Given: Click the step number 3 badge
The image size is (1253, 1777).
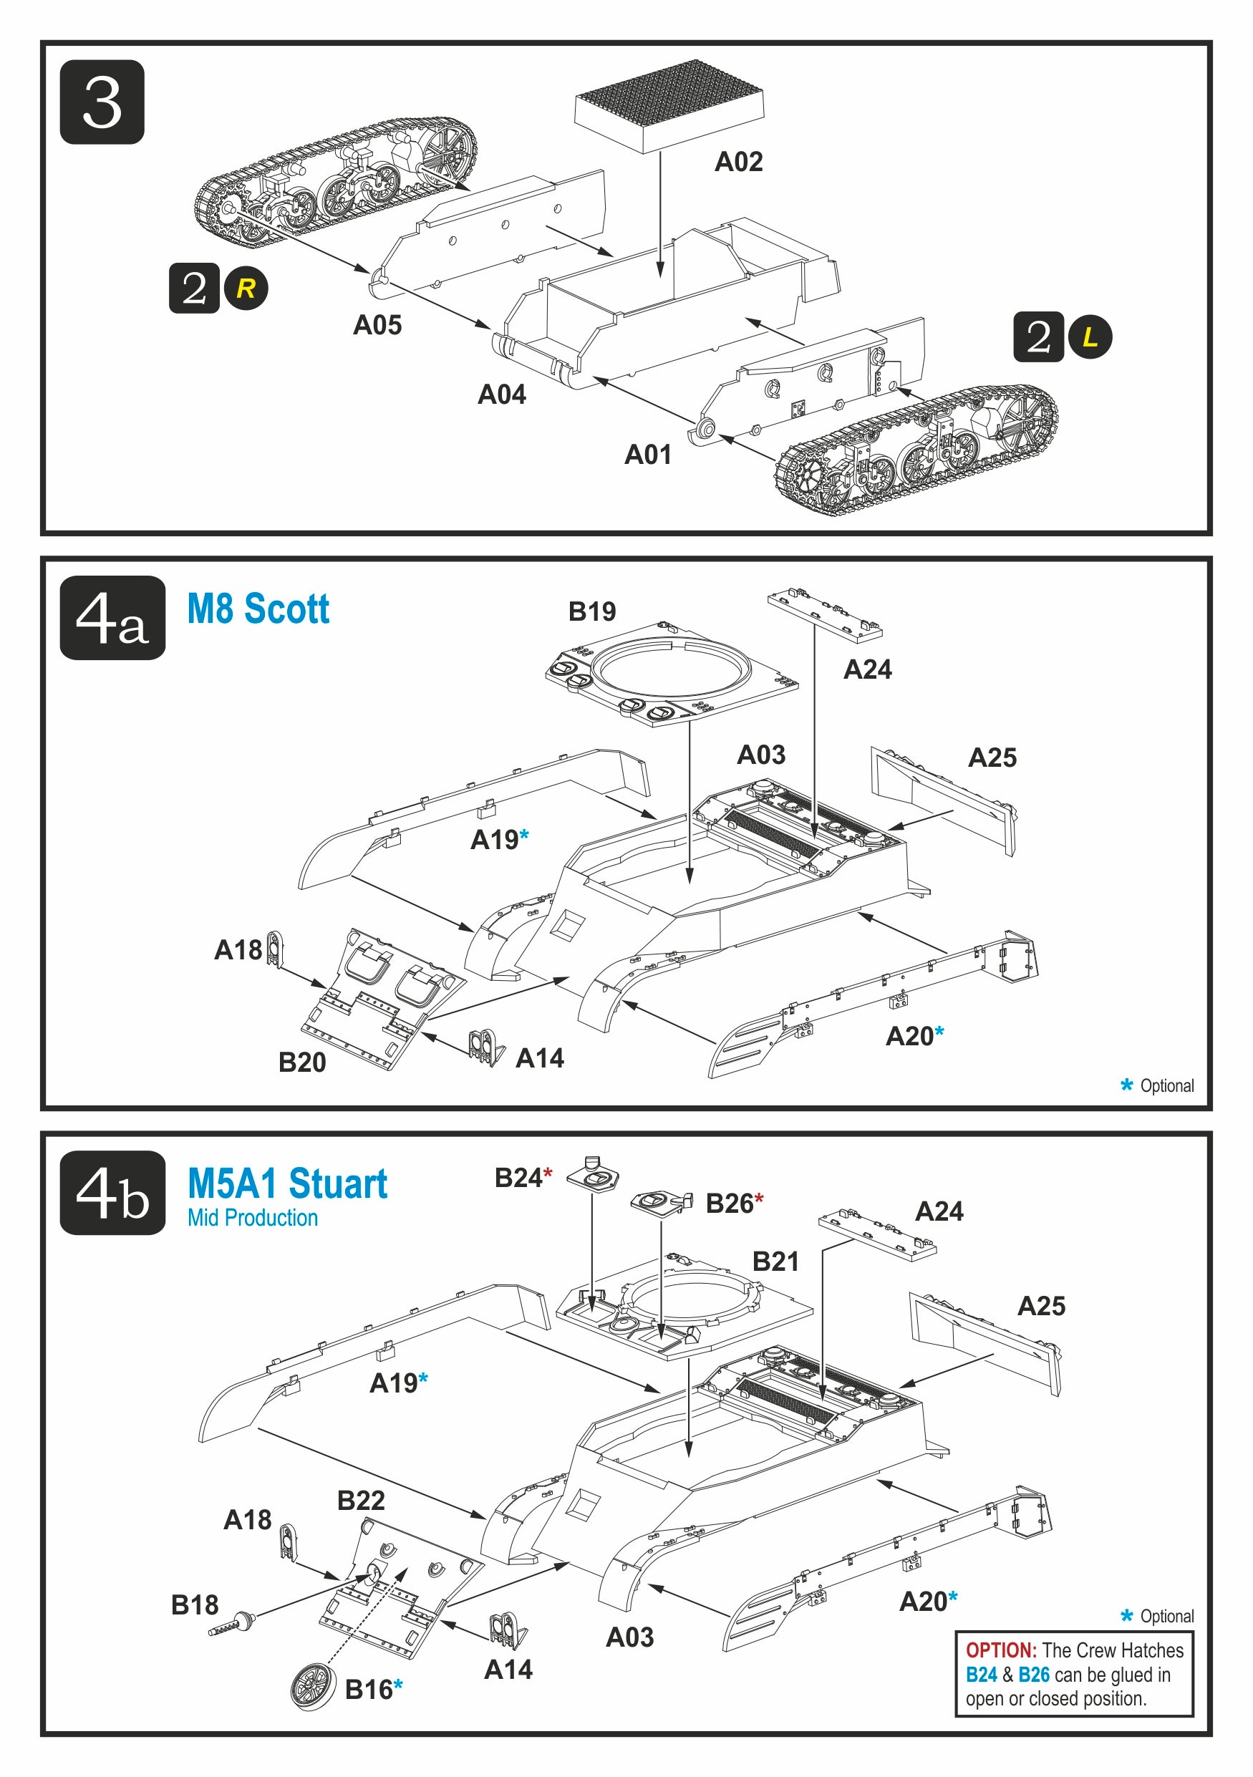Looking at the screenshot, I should [102, 102].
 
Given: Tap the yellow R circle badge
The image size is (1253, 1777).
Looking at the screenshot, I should [246, 288].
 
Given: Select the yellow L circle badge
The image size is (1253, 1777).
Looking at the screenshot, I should [1090, 336].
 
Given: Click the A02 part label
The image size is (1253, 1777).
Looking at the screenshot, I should [738, 162].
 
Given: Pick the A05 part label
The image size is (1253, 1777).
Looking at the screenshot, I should [377, 325].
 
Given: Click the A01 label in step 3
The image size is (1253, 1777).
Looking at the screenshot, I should [648, 455].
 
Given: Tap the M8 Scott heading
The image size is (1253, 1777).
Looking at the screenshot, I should [258, 609].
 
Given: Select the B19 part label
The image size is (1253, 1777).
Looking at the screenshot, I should [592, 611].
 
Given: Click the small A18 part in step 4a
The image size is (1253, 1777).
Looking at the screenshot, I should [275, 949].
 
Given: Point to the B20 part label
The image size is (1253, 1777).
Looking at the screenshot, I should [302, 1062].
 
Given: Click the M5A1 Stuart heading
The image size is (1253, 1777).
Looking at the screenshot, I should [287, 1183].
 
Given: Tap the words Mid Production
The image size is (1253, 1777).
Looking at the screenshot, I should [252, 1219].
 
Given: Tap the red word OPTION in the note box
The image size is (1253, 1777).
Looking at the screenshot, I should [1001, 1650].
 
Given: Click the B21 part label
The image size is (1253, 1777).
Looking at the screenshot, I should [775, 1262].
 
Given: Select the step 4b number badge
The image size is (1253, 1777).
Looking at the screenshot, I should [112, 1193].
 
